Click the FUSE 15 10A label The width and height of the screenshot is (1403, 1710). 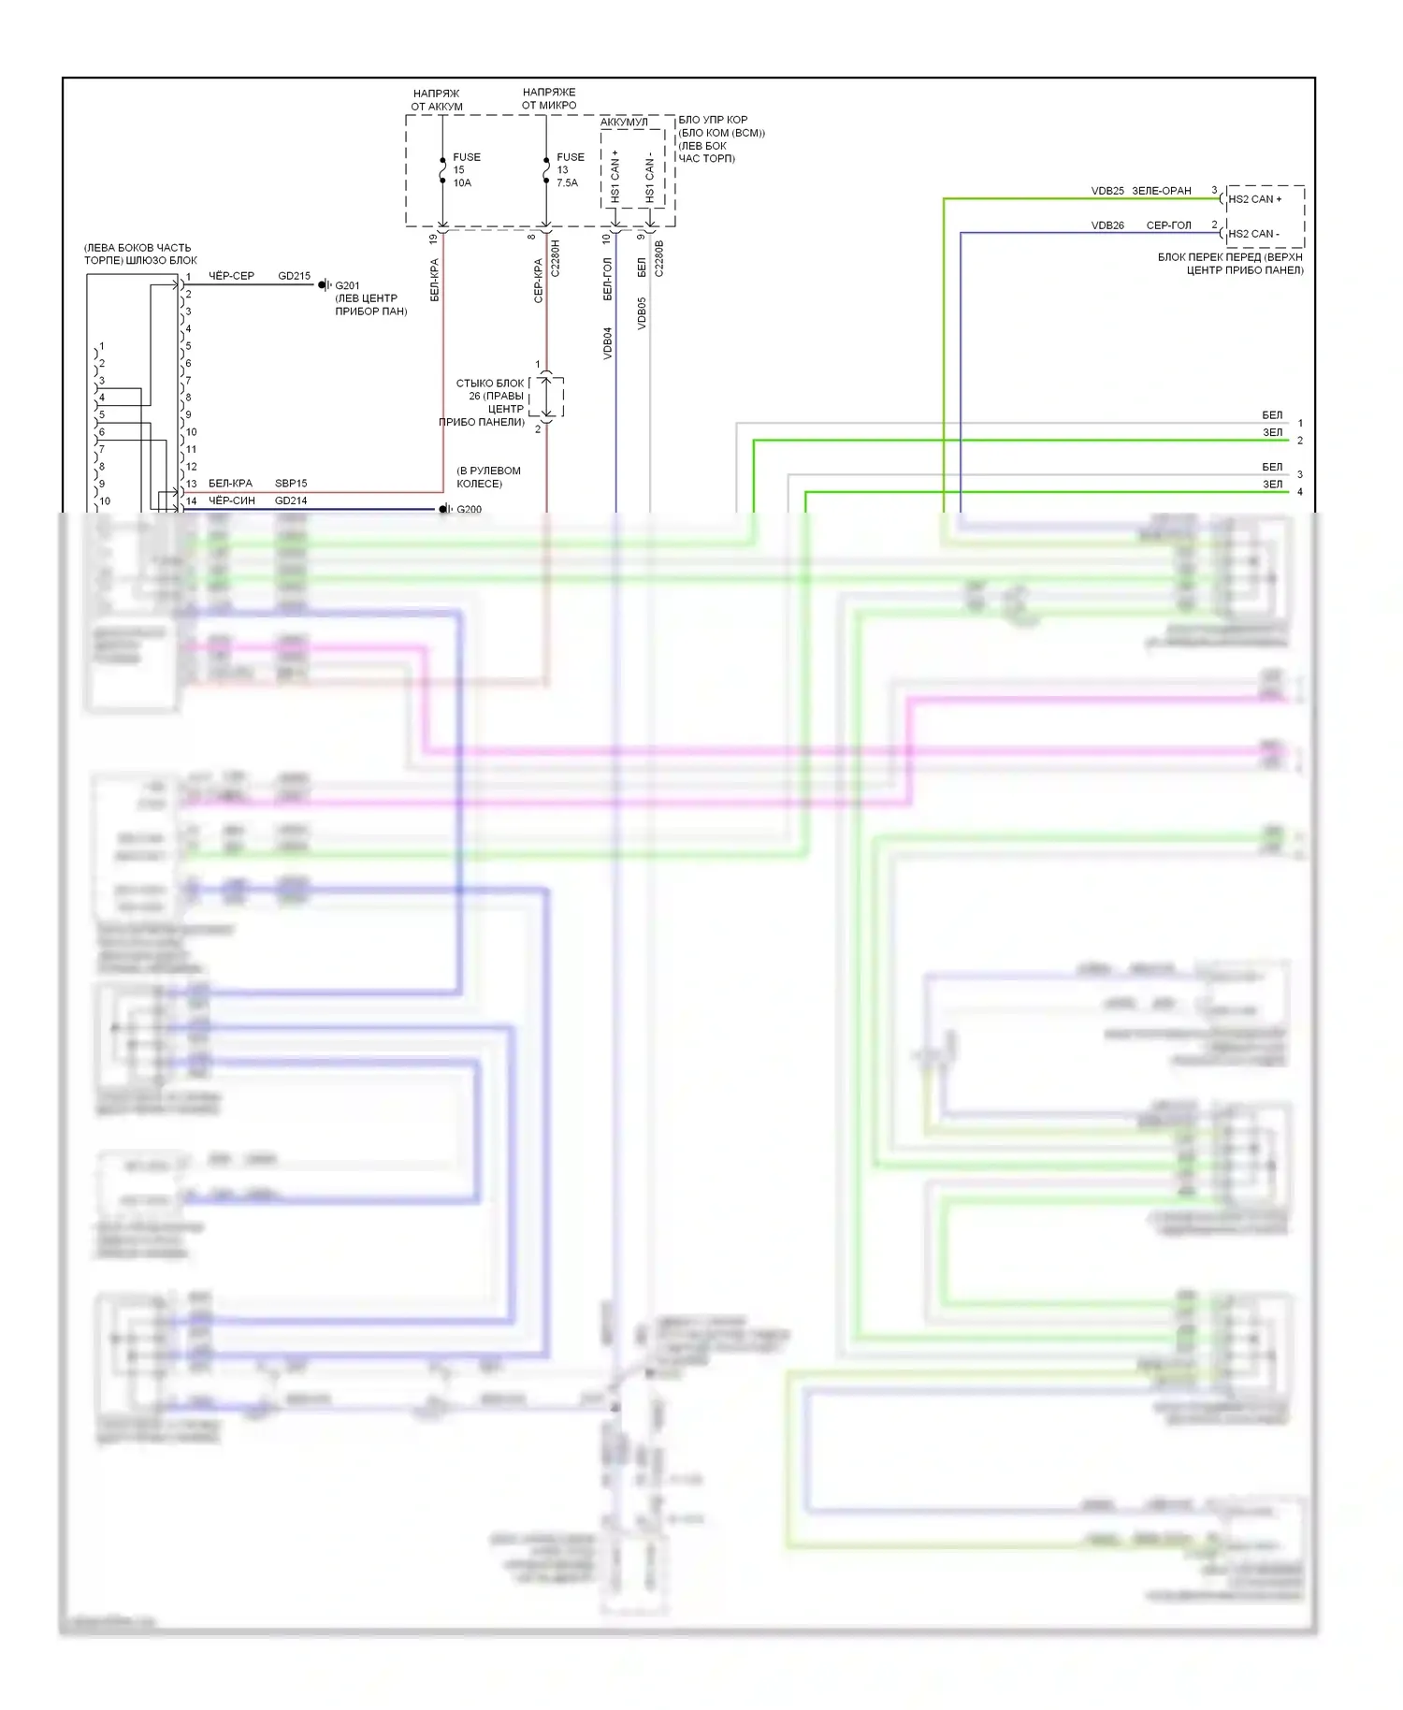click(x=465, y=170)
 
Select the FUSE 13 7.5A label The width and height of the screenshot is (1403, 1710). click(x=569, y=170)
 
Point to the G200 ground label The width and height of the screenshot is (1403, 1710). click(x=469, y=509)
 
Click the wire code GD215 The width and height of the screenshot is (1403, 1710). click(x=294, y=276)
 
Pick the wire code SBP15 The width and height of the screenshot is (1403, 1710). click(x=290, y=483)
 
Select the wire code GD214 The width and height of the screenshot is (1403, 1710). click(x=290, y=500)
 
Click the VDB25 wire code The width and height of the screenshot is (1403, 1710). click(x=1107, y=191)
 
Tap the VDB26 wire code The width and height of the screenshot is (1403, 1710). click(x=1107, y=225)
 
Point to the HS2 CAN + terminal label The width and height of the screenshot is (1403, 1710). click(x=1254, y=199)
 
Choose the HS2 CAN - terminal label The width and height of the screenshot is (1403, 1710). click(x=1253, y=234)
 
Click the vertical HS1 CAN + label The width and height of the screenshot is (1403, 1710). click(x=615, y=176)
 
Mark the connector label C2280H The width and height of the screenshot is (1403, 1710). click(x=555, y=257)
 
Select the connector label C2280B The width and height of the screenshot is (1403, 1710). click(x=658, y=258)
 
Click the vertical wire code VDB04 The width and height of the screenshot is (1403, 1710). click(x=607, y=342)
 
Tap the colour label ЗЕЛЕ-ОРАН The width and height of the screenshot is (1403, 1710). click(x=1162, y=191)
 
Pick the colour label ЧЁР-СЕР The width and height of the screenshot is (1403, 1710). click(x=231, y=276)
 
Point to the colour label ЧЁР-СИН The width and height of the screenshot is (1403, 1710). click(x=231, y=500)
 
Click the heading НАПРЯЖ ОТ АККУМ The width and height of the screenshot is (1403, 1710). click(x=437, y=100)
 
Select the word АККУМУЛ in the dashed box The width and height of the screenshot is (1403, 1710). click(x=624, y=123)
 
